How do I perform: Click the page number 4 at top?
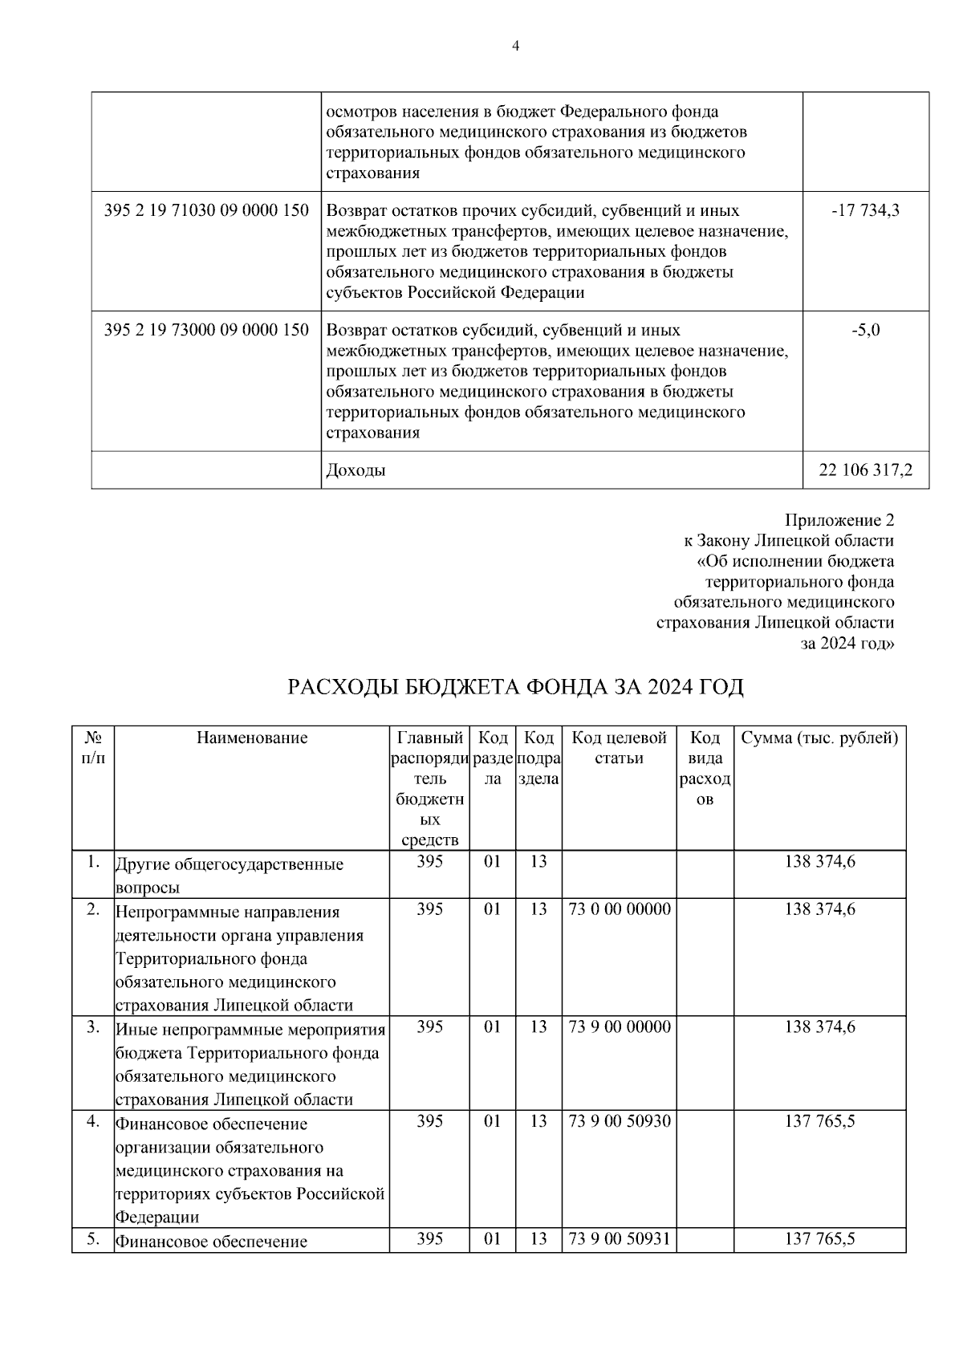pos(515,46)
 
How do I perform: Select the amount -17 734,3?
pos(866,211)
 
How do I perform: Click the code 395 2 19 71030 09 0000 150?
pos(206,211)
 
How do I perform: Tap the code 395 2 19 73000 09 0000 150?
pos(206,330)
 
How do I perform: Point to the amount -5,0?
pos(866,330)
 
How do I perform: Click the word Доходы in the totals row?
pos(356,470)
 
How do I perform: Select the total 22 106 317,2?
pos(865,470)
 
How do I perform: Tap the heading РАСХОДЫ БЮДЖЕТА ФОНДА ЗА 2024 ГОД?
pos(515,688)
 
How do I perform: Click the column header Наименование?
pos(252,738)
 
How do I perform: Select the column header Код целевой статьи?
pos(619,748)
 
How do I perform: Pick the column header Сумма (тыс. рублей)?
pos(819,738)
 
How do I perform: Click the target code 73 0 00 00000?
pos(619,909)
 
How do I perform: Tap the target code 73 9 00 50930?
pos(619,1121)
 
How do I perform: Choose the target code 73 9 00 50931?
pos(619,1239)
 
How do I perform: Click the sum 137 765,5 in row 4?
pos(819,1121)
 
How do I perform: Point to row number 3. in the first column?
pos(93,1027)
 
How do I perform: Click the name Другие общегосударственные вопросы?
pos(230,876)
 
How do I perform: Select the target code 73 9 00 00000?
pos(619,1027)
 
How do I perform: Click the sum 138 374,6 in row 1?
pos(819,862)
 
